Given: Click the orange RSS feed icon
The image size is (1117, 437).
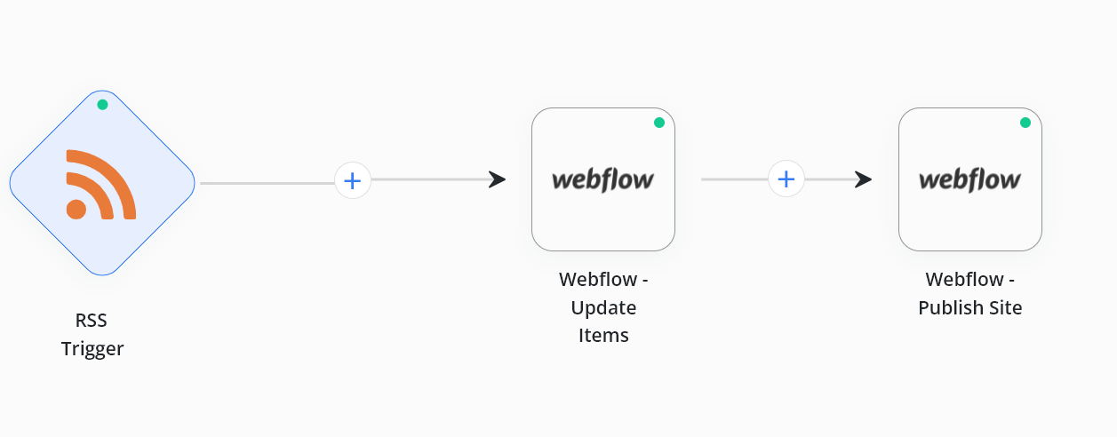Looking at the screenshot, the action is (101, 185).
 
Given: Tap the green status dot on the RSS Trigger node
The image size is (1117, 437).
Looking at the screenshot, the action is (102, 105).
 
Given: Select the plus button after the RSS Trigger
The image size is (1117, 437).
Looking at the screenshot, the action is (353, 180).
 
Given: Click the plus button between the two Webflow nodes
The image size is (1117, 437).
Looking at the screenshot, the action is (786, 179).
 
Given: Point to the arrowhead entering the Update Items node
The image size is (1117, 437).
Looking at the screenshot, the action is (497, 179).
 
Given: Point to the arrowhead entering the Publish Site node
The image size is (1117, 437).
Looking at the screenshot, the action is (863, 179).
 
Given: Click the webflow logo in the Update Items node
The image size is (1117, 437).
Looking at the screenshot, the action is (602, 180).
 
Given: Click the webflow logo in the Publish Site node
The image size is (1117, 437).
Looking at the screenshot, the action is (969, 180).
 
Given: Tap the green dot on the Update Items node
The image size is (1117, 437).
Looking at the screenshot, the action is (658, 123).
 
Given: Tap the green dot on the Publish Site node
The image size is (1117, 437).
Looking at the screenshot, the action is (1025, 123).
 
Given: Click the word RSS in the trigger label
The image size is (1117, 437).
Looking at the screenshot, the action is (91, 321).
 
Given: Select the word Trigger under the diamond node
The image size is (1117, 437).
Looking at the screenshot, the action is (92, 349).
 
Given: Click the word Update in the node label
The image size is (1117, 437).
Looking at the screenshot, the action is (603, 308).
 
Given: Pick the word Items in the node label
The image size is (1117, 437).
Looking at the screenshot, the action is (603, 336).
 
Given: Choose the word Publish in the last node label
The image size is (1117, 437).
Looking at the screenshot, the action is (951, 307).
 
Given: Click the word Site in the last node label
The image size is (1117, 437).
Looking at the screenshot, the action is (1006, 307).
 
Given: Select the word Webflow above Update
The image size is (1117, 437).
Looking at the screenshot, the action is (598, 280).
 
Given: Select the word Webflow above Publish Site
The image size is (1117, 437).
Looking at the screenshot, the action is (964, 280).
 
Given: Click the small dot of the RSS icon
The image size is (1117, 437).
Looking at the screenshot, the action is (76, 210).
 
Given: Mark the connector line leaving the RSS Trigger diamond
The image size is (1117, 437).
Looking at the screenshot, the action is (267, 183).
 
